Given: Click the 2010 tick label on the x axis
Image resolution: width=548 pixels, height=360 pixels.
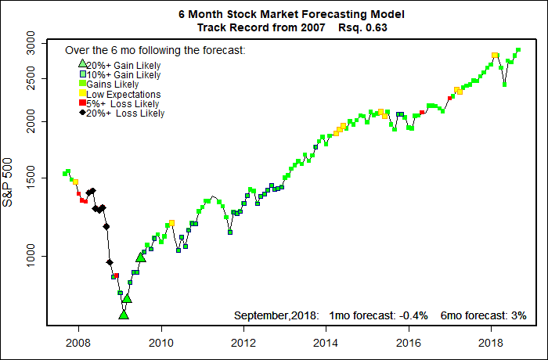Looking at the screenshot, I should (x=160, y=342).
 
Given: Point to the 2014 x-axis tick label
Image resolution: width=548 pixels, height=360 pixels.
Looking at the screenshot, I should (x=326, y=342).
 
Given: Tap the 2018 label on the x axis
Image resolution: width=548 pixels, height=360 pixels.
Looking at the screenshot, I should (x=491, y=342).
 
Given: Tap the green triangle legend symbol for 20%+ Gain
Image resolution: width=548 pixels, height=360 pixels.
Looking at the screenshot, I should (x=82, y=63).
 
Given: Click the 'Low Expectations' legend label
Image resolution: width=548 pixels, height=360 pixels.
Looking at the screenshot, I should (x=124, y=94).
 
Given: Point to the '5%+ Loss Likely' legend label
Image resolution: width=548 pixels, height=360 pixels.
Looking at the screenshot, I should (x=123, y=103).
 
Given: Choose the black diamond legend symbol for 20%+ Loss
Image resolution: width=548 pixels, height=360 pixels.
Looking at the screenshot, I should (x=82, y=113).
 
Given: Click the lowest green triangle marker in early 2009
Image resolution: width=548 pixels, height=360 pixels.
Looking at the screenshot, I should (x=123, y=315).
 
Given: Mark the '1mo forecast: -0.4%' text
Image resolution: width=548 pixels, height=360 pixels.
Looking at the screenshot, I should (x=377, y=315).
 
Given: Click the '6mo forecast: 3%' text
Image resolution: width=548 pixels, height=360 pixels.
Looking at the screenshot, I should (x=483, y=315).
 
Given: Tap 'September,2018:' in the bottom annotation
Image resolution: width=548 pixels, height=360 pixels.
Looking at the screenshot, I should (x=276, y=315).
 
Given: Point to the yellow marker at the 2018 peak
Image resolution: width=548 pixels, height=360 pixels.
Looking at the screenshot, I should (x=495, y=56).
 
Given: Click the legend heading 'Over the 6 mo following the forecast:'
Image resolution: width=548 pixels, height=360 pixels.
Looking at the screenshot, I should (x=155, y=50).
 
